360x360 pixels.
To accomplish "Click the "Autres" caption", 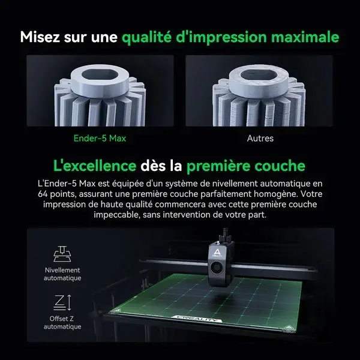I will [260, 139].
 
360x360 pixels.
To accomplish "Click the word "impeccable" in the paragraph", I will [113, 215].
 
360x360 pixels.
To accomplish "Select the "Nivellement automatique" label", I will [62, 274].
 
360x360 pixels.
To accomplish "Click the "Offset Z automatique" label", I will [62, 322].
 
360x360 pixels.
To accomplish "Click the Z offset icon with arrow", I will [62, 301].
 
